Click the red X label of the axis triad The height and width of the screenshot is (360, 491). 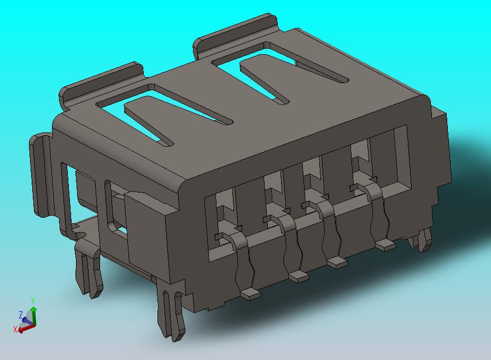15,329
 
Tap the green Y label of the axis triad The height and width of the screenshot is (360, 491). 33,301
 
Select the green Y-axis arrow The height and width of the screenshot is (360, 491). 34,316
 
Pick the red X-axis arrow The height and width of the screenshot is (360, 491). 26,328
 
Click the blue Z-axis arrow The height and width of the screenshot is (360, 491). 27,321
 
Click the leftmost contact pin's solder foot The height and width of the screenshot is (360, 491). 251,294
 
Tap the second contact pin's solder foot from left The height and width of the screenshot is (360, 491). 299,276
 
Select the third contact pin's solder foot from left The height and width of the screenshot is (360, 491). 337,262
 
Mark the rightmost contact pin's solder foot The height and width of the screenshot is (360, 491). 386,245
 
